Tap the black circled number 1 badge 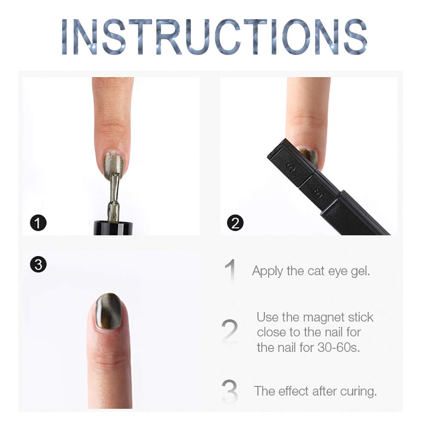pos(39,223)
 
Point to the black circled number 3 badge pos(39,265)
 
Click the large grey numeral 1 pos(230,271)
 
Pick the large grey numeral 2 pos(230,331)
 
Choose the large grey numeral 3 pos(230,391)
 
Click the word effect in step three pos(294,391)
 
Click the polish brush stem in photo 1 pos(114,196)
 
